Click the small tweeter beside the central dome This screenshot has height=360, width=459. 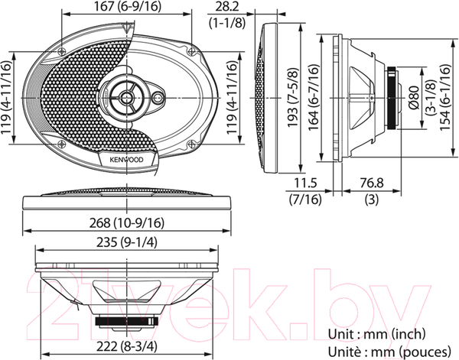158,99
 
